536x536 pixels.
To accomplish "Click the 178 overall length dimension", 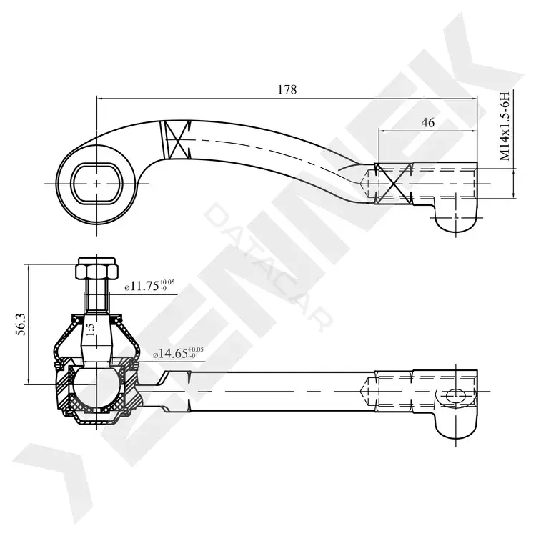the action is pyautogui.click(x=287, y=89).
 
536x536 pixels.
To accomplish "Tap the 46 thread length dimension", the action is pyautogui.click(x=427, y=122).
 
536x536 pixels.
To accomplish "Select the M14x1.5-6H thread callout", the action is pyautogui.click(x=505, y=126).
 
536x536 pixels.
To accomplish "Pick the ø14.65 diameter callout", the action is pyautogui.click(x=178, y=352).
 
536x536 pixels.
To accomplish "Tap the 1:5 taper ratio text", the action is pyautogui.click(x=90, y=330).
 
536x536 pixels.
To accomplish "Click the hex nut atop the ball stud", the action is pyautogui.click(x=97, y=267).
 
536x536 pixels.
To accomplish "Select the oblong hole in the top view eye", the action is pyautogui.click(x=97, y=184).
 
